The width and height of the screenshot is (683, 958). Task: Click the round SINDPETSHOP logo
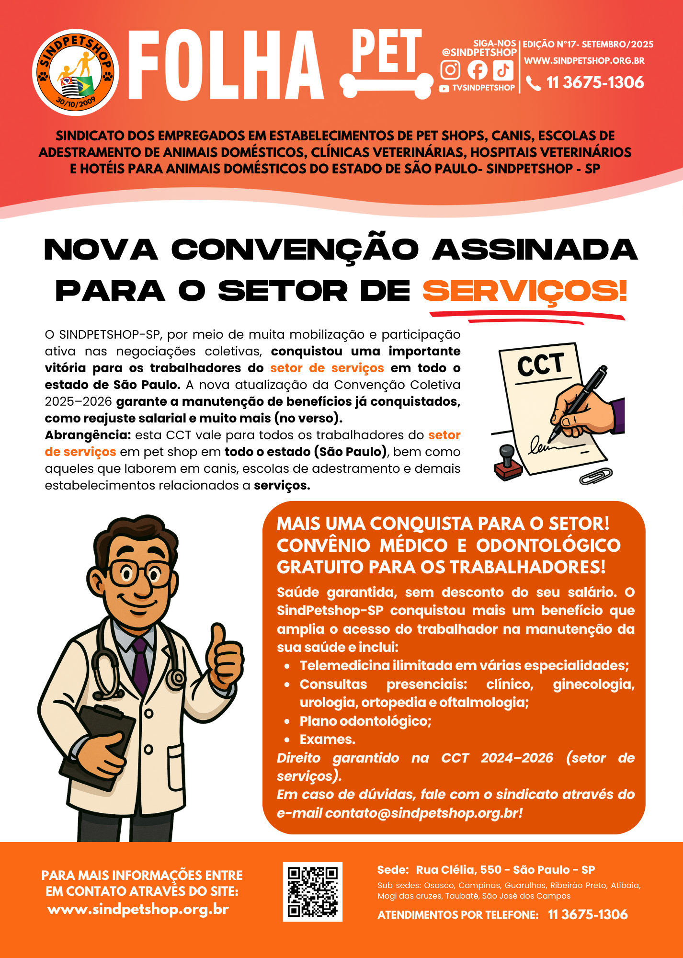76,73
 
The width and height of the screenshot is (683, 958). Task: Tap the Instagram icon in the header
450,70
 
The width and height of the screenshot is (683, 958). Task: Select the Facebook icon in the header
477,70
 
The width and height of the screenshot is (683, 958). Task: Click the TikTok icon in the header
503,70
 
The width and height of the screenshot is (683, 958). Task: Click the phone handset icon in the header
533,83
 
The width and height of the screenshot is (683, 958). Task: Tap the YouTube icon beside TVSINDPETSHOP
444,89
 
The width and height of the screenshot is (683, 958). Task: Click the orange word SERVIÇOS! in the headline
524,291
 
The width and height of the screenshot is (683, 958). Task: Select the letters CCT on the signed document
540,365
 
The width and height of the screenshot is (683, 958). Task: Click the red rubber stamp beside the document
507,463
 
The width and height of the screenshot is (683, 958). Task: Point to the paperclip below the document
596,476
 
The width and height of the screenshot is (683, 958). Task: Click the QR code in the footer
312,892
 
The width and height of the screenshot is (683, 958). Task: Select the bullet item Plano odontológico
365,721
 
